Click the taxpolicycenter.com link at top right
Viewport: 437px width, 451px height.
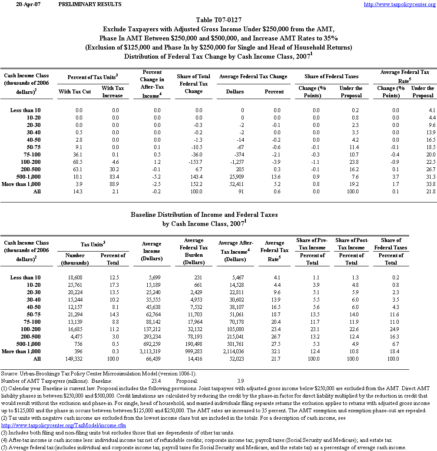coord(399,4)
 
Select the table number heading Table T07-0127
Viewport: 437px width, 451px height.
coord(218,20)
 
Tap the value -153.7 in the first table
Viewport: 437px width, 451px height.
coord(194,161)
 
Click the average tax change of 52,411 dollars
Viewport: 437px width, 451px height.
coord(235,184)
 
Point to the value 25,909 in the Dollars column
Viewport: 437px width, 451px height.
coord(235,176)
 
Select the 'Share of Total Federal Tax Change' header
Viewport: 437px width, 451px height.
coord(193,84)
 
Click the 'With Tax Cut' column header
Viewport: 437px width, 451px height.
coord(75,92)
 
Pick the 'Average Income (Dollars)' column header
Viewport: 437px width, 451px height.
coord(152,251)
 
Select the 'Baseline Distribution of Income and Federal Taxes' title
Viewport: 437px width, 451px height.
coord(204,215)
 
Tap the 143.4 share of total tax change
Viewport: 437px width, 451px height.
coord(194,176)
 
